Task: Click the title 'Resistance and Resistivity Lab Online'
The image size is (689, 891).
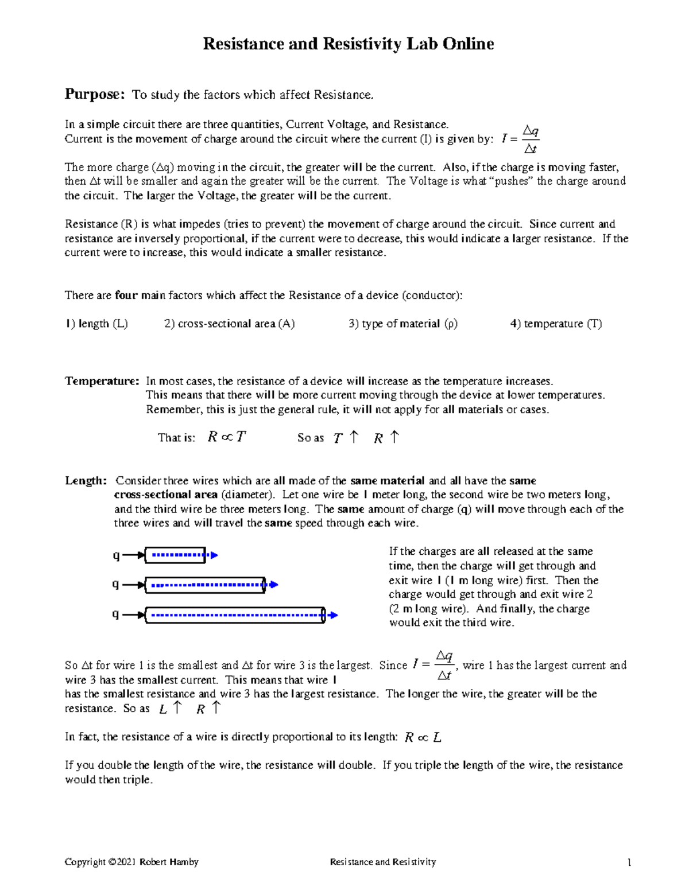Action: point(348,44)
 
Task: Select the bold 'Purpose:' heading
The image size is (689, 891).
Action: point(94,94)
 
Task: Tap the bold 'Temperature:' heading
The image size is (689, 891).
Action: point(102,381)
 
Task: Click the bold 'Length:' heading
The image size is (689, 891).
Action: point(86,481)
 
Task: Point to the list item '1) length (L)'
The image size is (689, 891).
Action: point(96,324)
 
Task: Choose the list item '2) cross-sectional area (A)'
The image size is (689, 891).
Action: point(229,324)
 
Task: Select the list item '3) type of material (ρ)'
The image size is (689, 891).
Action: point(402,324)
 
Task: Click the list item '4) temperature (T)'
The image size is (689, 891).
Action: point(556,324)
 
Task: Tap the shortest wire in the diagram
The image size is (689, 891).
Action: point(175,555)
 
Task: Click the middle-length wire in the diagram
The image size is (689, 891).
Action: point(205,585)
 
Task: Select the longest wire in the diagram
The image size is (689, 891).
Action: point(235,615)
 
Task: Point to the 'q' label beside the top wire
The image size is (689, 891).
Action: point(116,555)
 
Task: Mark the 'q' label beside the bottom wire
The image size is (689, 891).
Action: point(116,614)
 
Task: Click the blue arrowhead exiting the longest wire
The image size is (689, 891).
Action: point(333,615)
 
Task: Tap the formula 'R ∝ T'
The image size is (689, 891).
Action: point(226,437)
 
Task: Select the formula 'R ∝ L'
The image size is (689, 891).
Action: point(423,737)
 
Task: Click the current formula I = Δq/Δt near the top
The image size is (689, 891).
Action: point(520,139)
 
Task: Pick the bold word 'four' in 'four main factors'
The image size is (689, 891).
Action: point(126,295)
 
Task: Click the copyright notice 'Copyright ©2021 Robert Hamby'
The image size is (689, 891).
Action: point(131,862)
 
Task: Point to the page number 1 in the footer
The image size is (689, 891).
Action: point(629,862)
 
